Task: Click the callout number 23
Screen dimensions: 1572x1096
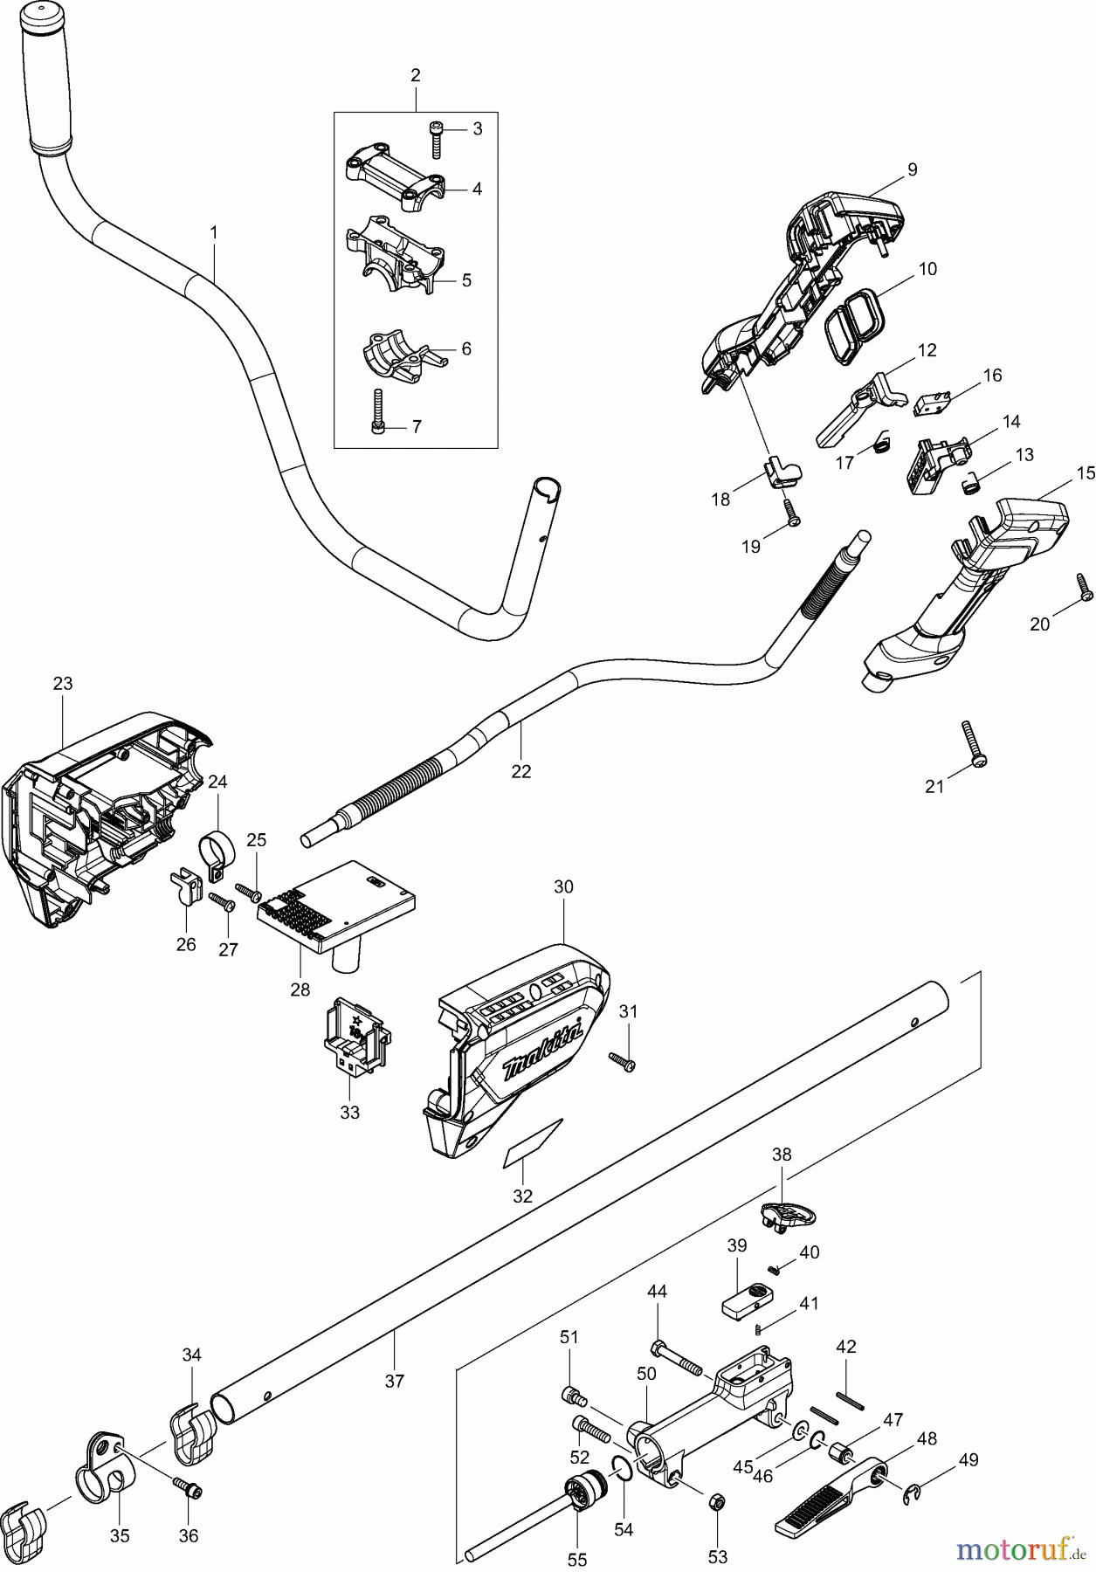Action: (x=63, y=684)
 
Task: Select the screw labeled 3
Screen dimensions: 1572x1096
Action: (x=437, y=140)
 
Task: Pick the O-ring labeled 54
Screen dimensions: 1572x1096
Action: (x=623, y=1468)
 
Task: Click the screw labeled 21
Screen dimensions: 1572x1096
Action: (x=972, y=742)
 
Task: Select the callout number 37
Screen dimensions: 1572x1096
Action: (x=395, y=1381)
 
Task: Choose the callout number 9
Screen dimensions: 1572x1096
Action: (x=912, y=170)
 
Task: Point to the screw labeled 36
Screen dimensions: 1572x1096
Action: (x=187, y=1490)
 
